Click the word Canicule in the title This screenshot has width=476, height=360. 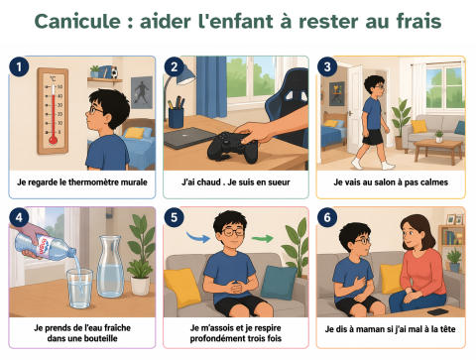click(77, 21)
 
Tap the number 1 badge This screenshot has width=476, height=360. click(19, 66)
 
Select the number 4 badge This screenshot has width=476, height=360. click(19, 217)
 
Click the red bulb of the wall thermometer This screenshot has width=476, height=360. click(53, 140)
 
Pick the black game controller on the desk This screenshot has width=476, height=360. click(232, 147)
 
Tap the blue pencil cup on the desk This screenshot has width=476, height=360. click(176, 118)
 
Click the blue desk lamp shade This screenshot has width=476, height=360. click(186, 74)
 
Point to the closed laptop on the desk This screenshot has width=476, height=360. click(189, 138)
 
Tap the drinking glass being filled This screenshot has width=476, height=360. click(79, 288)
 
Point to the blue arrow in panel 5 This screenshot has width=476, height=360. click(197, 237)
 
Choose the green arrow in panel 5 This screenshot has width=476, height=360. click(263, 238)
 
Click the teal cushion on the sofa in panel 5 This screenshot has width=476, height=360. click(279, 282)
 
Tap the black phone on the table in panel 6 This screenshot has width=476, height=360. click(437, 311)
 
